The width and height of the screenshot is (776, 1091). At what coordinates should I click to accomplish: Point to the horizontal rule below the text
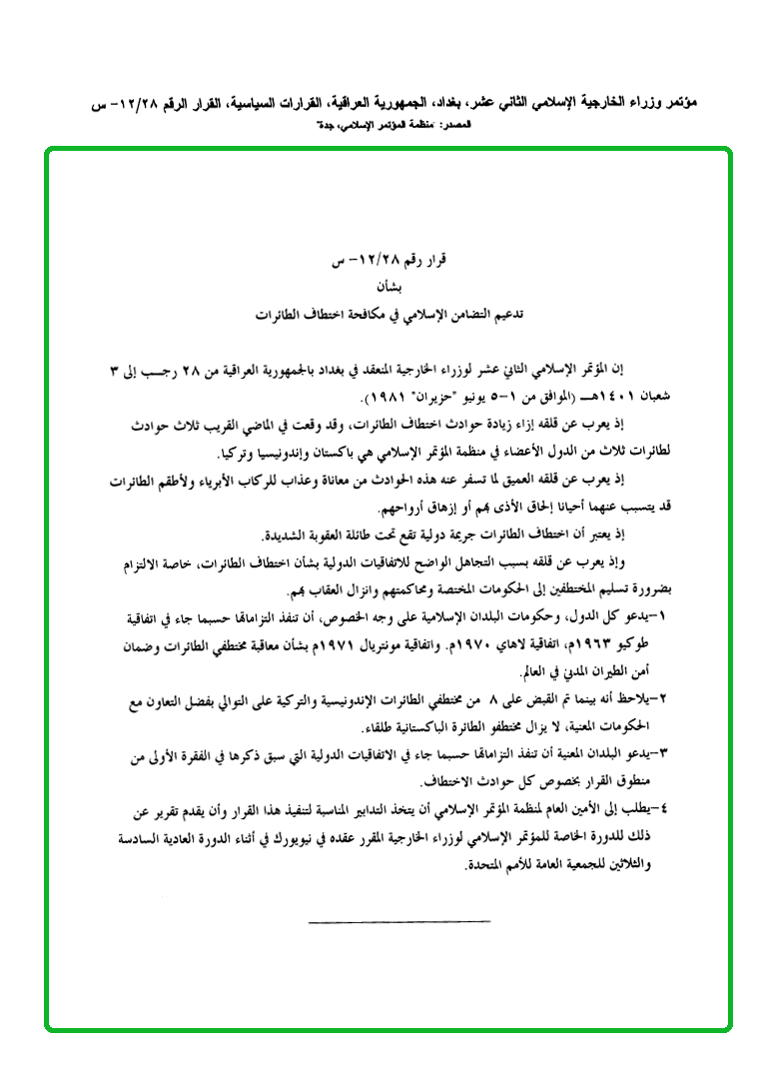[x=399, y=921]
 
